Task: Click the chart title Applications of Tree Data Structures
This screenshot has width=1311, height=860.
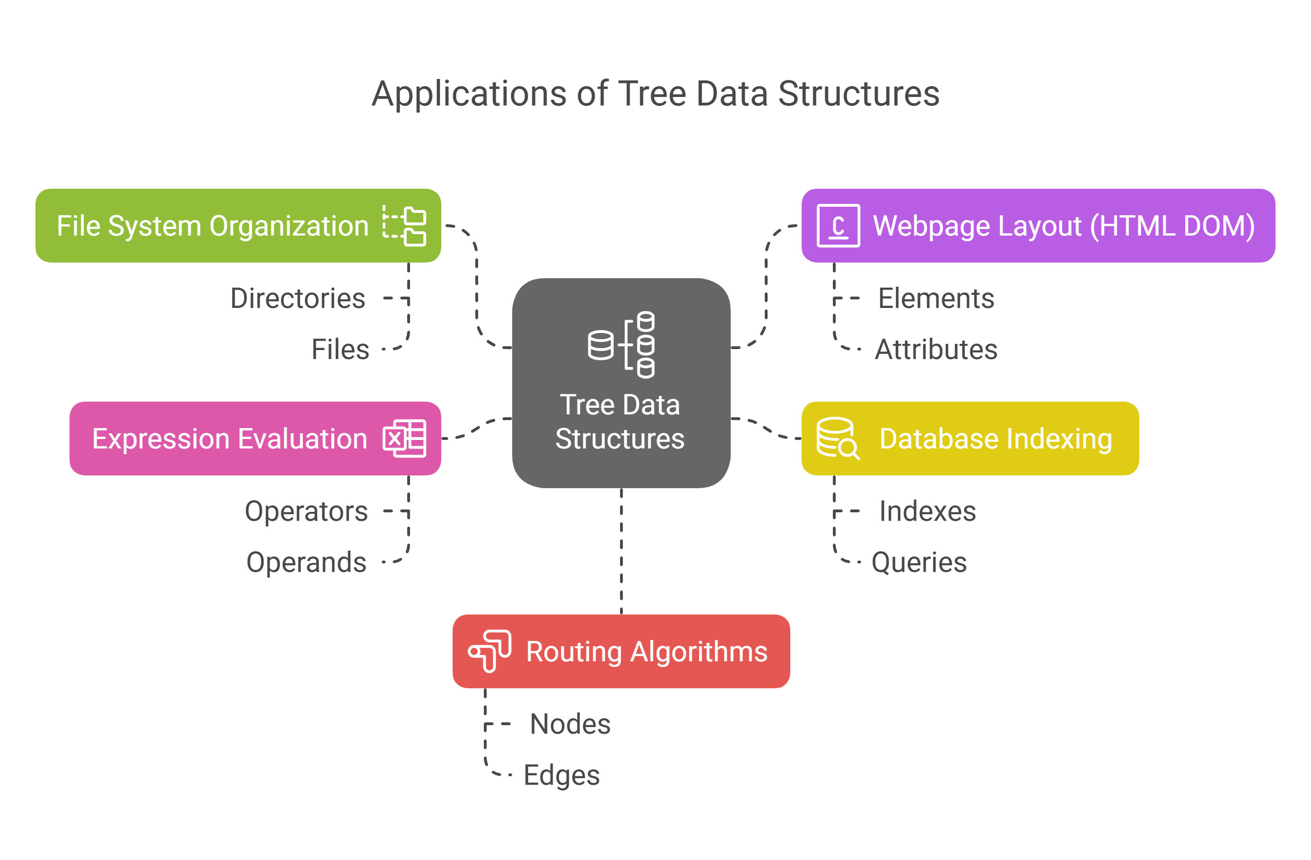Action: [655, 94]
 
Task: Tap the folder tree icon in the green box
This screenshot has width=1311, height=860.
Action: [404, 226]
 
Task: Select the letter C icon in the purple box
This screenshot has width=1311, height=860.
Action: [838, 226]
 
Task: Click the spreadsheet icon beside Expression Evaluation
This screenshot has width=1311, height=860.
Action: [404, 439]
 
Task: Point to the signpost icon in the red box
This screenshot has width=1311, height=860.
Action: [489, 651]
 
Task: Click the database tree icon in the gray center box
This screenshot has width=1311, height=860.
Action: [621, 345]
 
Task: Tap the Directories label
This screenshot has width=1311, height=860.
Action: [297, 298]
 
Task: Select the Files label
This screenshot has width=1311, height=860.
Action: [340, 349]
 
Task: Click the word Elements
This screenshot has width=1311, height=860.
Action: [936, 298]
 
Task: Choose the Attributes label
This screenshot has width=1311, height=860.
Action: [936, 349]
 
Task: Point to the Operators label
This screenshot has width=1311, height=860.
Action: [306, 511]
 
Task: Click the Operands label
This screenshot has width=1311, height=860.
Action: [306, 562]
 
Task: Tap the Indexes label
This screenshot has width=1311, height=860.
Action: [927, 511]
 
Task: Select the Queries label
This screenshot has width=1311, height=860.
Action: [919, 562]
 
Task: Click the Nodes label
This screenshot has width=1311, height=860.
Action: [570, 724]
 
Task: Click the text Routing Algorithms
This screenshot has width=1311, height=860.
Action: [647, 652]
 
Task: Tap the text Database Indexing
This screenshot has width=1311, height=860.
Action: [996, 439]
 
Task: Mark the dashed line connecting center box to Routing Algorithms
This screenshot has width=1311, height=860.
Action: [621, 552]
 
